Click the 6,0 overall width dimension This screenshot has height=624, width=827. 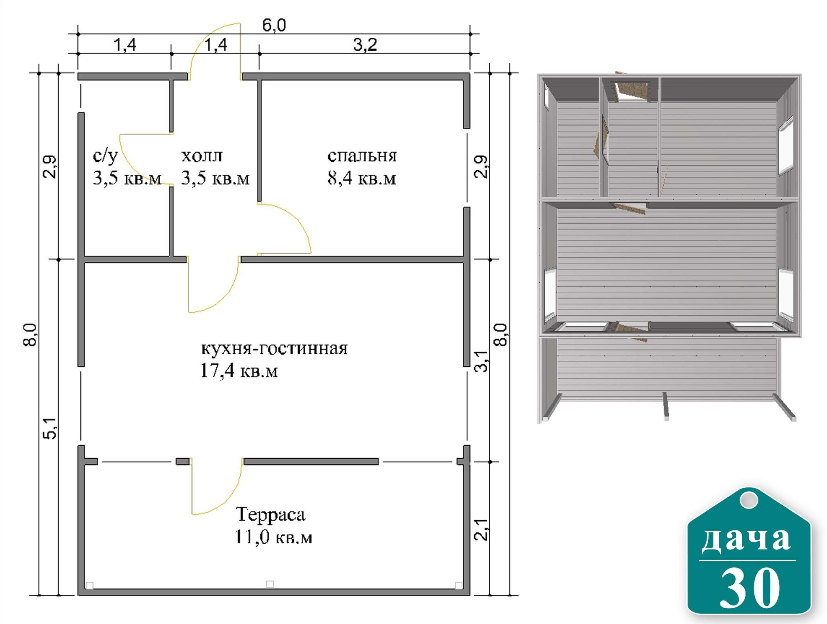coord(274,26)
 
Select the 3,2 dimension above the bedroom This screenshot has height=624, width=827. coord(365,45)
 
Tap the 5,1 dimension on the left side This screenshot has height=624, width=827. coord(50,428)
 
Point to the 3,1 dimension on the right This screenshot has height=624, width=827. coord(481,361)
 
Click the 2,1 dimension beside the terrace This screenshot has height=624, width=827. coord(481,530)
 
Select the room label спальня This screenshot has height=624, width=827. coord(362,156)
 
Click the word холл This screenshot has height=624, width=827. coord(202,156)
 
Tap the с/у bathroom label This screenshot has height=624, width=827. coord(105,156)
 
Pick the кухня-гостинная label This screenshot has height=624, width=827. coord(274,348)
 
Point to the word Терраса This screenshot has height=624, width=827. coord(271,515)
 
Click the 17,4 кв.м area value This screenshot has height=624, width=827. coord(239,371)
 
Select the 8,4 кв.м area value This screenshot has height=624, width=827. coord(362,178)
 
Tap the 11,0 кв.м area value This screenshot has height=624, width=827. coord(274,537)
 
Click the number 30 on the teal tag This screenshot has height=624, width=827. coord(749,588)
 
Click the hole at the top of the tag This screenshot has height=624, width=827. coord(749,500)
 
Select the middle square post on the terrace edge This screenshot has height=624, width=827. coord(270,584)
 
